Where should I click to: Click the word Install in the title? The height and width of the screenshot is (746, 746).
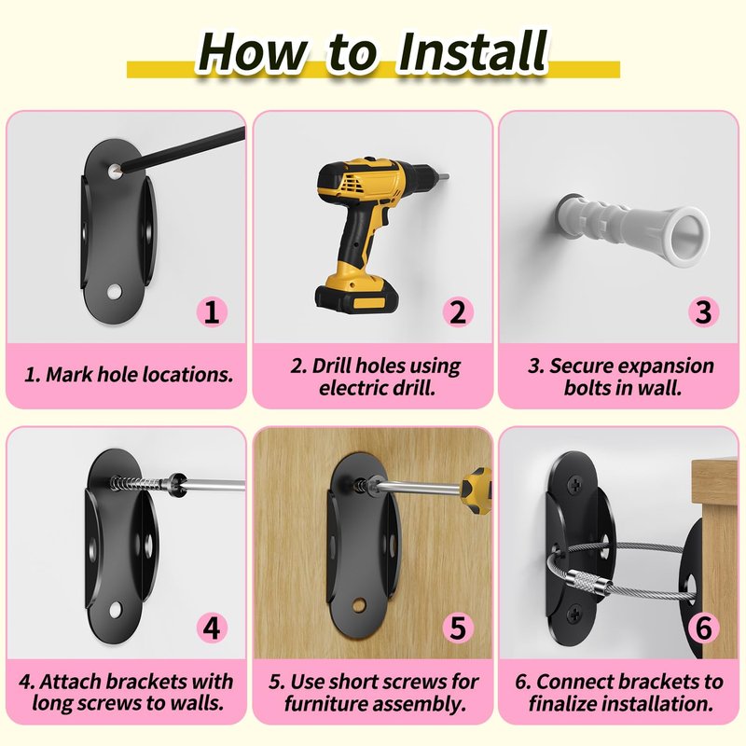[x=474, y=51]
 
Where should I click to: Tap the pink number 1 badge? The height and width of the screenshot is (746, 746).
[x=212, y=312]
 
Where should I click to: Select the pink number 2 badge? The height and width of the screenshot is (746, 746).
[x=458, y=312]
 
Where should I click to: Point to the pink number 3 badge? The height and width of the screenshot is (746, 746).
[x=704, y=312]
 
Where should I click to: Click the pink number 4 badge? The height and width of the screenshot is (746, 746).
[x=212, y=628]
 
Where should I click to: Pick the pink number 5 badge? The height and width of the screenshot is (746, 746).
[x=458, y=628]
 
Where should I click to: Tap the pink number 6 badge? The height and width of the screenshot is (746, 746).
[x=704, y=628]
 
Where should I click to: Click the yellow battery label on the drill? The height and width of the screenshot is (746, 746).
[x=369, y=302]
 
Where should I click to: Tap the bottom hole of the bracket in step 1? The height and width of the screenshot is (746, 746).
[x=114, y=292]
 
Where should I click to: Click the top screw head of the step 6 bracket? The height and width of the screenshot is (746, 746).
[x=576, y=485]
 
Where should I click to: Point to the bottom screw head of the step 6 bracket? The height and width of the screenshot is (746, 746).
[x=576, y=614]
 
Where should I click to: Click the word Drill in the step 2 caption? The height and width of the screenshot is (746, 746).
[x=332, y=366]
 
